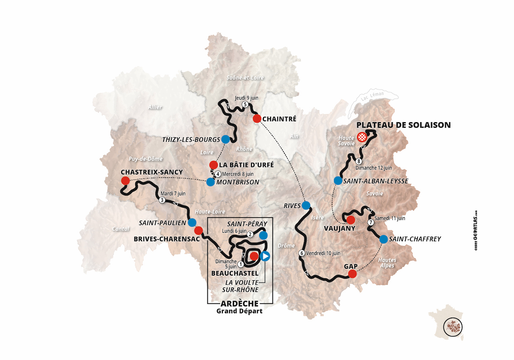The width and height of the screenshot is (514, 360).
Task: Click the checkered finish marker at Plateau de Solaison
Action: click(362, 137)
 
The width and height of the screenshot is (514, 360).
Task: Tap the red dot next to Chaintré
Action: click(257, 118)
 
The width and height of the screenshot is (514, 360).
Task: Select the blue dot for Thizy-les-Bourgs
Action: click(225, 139)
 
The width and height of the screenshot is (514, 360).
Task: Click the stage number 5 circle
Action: click(245, 104)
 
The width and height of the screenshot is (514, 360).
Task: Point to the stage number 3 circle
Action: click(162, 200)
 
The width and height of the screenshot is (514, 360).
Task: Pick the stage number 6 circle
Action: click(302, 253)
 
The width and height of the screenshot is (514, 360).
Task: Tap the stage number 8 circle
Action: click(359, 162)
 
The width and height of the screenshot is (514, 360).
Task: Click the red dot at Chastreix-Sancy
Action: click(125, 180)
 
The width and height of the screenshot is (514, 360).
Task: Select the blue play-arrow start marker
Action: click(266, 256)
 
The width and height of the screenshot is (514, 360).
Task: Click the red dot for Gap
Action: click(352, 274)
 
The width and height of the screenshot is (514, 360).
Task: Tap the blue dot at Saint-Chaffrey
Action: click(383, 239)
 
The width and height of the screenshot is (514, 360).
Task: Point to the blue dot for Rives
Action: click(306, 205)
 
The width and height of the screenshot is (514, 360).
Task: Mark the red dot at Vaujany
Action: click(350, 220)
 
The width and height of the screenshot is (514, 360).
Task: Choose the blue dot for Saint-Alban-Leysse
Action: click(338, 180)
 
